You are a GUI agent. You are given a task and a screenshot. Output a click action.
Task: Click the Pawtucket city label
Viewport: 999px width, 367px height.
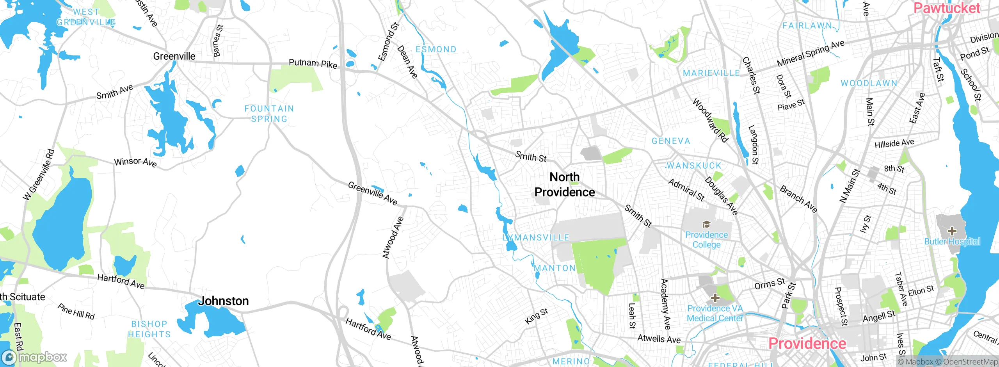click(x=946, y=8)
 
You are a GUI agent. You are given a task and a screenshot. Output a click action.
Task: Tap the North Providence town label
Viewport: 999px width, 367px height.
click(x=565, y=185)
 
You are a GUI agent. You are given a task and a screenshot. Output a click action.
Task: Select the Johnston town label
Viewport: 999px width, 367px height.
click(x=223, y=301)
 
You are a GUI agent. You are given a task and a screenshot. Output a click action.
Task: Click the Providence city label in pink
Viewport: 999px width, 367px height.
click(x=807, y=344)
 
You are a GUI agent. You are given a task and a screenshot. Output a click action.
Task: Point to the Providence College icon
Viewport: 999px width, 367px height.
click(x=706, y=224)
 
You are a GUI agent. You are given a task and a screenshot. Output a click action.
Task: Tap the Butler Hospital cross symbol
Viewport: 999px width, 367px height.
click(x=952, y=231)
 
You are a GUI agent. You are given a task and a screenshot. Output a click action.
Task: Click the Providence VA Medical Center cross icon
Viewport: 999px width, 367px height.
click(x=715, y=298)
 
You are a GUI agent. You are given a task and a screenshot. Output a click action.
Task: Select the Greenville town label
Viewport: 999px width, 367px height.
click(x=174, y=56)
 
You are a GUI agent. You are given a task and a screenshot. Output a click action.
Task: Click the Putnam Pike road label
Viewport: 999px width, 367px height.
click(x=313, y=64)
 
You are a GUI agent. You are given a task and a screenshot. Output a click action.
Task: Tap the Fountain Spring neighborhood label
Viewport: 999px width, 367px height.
click(x=269, y=114)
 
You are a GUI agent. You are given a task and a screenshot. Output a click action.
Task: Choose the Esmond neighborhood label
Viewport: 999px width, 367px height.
click(x=436, y=50)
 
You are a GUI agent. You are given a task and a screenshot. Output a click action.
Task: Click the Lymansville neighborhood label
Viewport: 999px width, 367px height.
click(x=536, y=237)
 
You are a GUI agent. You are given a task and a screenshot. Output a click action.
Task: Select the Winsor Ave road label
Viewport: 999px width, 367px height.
click(x=135, y=162)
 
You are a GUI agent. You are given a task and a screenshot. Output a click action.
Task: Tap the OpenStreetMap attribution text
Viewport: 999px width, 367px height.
click(x=969, y=362)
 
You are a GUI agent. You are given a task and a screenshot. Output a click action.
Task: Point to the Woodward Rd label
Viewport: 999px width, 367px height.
click(x=710, y=121)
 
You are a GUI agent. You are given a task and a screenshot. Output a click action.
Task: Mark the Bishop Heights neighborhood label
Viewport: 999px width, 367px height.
click(x=149, y=329)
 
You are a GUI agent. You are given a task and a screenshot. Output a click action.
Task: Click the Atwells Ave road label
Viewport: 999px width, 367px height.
click(x=659, y=338)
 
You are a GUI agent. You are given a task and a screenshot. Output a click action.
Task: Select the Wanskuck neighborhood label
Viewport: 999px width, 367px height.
click(x=694, y=166)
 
